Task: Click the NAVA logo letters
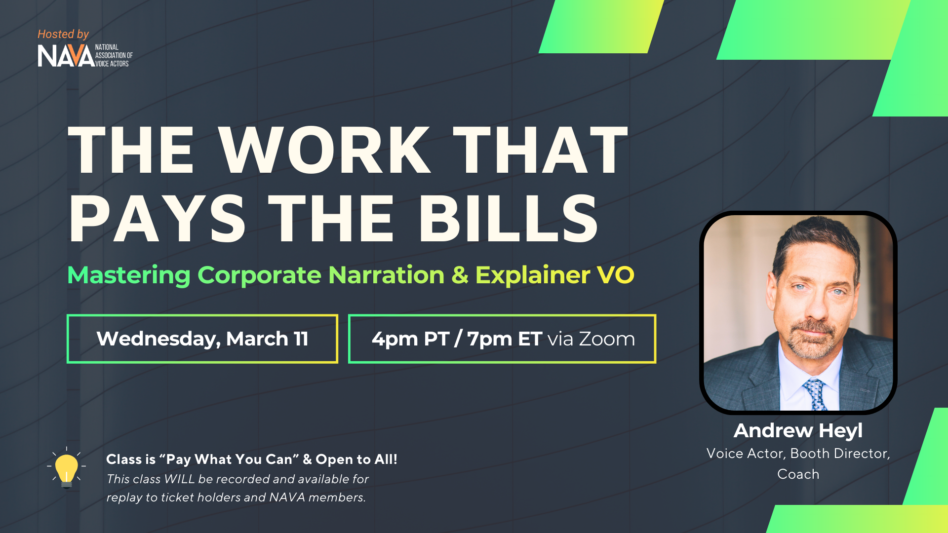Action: (66, 56)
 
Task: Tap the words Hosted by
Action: (63, 34)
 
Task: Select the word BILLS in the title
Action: (509, 219)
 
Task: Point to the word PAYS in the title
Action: (157, 219)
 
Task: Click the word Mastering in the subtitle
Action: (129, 275)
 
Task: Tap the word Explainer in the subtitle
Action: (533, 275)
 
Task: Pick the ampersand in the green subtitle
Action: (460, 275)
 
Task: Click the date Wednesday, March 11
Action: (202, 339)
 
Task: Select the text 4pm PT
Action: (410, 339)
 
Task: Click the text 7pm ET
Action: (505, 339)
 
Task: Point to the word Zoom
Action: (607, 339)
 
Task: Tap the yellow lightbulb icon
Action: (67, 468)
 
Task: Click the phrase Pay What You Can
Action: (229, 459)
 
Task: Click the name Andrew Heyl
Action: (798, 431)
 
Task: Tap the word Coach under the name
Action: (798, 474)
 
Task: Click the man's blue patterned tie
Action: (815, 394)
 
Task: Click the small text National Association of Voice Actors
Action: (114, 56)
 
